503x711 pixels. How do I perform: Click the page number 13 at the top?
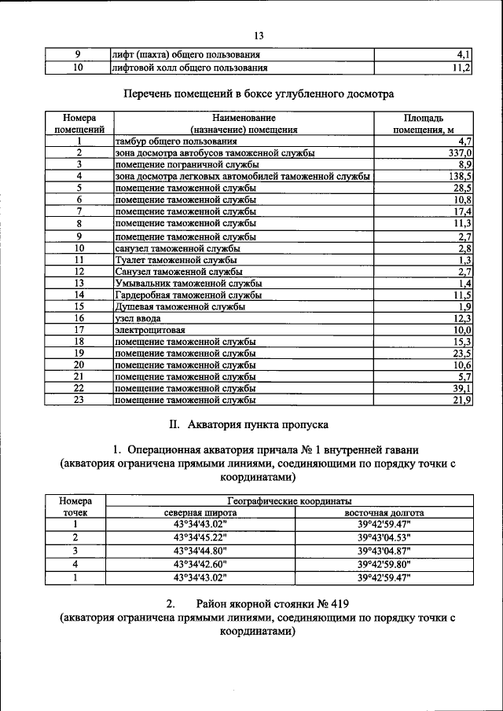(259, 35)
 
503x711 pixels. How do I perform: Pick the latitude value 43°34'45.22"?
(200, 537)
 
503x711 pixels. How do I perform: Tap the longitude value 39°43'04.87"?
(384, 551)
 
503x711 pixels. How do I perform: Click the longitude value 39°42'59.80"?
(384, 564)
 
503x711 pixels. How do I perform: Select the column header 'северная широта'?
(200, 512)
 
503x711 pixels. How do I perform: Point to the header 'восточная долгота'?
(384, 512)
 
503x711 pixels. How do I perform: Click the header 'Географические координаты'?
(290, 500)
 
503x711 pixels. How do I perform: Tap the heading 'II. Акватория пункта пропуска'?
(249, 424)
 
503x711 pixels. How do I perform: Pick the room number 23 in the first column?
(79, 401)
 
